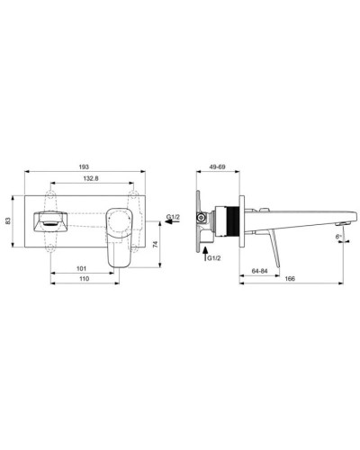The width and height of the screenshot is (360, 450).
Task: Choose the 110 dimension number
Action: tap(83, 281)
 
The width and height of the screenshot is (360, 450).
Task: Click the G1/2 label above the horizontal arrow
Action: tap(174, 215)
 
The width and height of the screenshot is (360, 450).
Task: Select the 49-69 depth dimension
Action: tap(218, 166)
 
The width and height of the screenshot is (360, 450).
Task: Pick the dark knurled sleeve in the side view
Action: tap(233, 220)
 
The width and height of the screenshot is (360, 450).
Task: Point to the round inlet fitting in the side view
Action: tap(208, 220)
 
